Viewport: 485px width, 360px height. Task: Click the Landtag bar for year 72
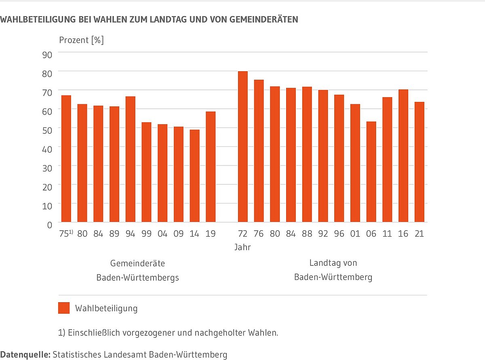[x=242, y=147]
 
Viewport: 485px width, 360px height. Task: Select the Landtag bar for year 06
[x=371, y=172]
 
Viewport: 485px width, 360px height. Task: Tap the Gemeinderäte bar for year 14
[x=194, y=176]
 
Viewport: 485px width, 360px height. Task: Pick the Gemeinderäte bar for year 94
[x=130, y=159]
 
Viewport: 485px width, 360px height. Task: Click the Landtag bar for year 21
[x=420, y=162]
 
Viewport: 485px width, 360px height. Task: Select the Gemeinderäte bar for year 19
[x=211, y=167]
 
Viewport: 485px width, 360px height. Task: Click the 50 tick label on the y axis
[x=47, y=130]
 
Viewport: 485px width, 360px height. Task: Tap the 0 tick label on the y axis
[x=49, y=224]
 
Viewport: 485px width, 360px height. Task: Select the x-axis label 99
[x=146, y=234]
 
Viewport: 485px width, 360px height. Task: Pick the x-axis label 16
[x=403, y=234]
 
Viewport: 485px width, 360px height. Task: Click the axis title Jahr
[x=242, y=247]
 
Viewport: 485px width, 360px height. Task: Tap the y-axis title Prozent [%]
[x=81, y=40]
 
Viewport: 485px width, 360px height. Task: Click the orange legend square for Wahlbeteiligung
[x=64, y=308]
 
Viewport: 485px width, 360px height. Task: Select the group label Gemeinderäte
[x=137, y=263]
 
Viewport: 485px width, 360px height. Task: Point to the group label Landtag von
[x=333, y=263]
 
